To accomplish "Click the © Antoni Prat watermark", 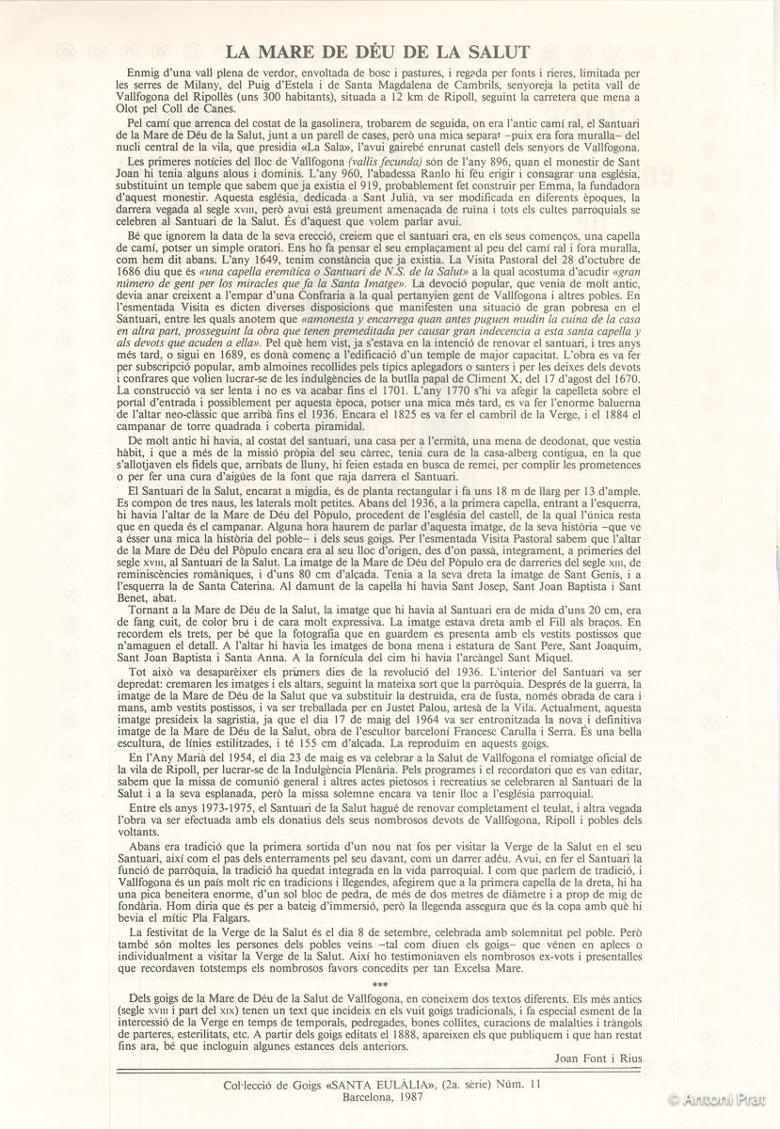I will click(x=722, y=1099).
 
